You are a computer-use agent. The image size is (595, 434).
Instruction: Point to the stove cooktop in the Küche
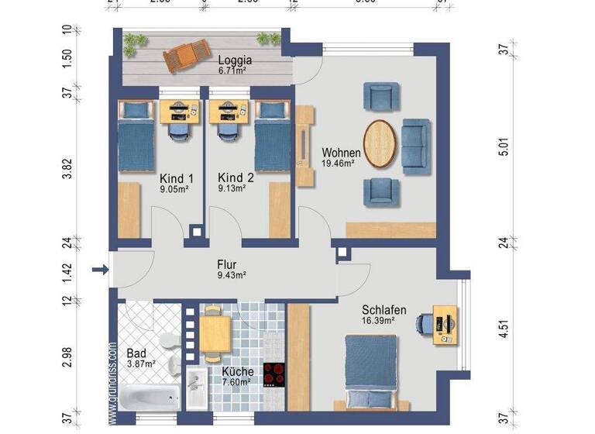(x=274, y=374)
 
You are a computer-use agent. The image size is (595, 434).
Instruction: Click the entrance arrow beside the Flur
(x=100, y=270)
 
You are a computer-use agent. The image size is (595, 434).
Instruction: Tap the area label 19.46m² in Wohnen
(x=338, y=164)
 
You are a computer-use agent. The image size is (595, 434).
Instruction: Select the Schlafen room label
(x=383, y=310)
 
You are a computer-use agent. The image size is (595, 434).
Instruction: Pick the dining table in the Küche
(x=216, y=332)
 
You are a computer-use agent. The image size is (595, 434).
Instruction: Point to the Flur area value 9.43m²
(x=231, y=275)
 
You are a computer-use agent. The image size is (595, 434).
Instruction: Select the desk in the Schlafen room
(x=445, y=324)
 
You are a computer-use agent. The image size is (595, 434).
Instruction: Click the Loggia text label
(x=235, y=60)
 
